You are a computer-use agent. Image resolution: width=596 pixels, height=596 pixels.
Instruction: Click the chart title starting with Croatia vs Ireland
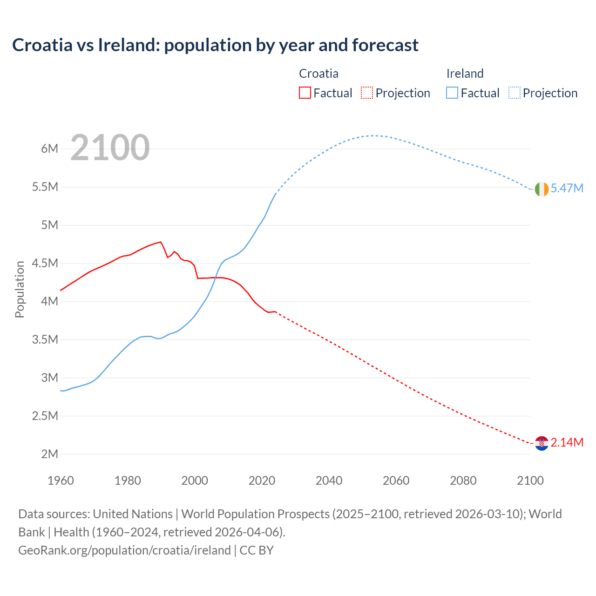pyautogui.click(x=215, y=45)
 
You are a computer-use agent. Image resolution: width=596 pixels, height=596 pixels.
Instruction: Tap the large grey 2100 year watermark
pyautogui.click(x=110, y=148)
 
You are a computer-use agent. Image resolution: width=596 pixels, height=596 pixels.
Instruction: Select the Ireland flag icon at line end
pyautogui.click(x=542, y=189)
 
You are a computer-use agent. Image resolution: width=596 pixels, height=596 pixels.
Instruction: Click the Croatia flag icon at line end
pyautogui.click(x=542, y=443)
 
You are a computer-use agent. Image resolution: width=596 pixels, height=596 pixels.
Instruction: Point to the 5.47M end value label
pyautogui.click(x=567, y=189)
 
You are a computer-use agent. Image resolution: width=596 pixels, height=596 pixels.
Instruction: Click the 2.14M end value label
pyautogui.click(x=567, y=443)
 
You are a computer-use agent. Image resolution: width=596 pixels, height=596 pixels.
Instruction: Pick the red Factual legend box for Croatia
pyautogui.click(x=305, y=93)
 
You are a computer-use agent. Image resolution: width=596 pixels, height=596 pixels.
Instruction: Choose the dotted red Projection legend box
pyautogui.click(x=367, y=93)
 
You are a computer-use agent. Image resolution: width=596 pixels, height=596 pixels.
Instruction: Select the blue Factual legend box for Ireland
pyautogui.click(x=452, y=93)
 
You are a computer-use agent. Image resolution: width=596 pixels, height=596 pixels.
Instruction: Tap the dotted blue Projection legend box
pyautogui.click(x=514, y=93)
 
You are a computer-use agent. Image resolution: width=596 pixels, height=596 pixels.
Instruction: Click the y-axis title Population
pyautogui.click(x=20, y=289)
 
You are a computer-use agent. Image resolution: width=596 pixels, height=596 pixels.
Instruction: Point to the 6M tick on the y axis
pyautogui.click(x=49, y=149)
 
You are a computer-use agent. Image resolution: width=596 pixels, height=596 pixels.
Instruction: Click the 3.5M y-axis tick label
pyautogui.click(x=45, y=340)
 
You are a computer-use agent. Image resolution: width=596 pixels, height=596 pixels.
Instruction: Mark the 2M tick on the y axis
pyautogui.click(x=49, y=454)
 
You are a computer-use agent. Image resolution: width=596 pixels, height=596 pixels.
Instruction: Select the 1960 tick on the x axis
pyautogui.click(x=61, y=481)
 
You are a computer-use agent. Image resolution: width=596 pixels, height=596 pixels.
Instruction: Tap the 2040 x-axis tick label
pyautogui.click(x=329, y=481)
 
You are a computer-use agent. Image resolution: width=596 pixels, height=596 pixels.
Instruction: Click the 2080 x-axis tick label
pyautogui.click(x=463, y=481)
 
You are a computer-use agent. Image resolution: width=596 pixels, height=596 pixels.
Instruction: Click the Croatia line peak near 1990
pyautogui.click(x=161, y=242)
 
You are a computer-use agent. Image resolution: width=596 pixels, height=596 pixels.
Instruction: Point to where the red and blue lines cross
pyautogui.click(x=215, y=278)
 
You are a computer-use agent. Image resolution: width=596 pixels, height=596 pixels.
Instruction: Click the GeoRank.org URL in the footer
pyautogui.click(x=124, y=550)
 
